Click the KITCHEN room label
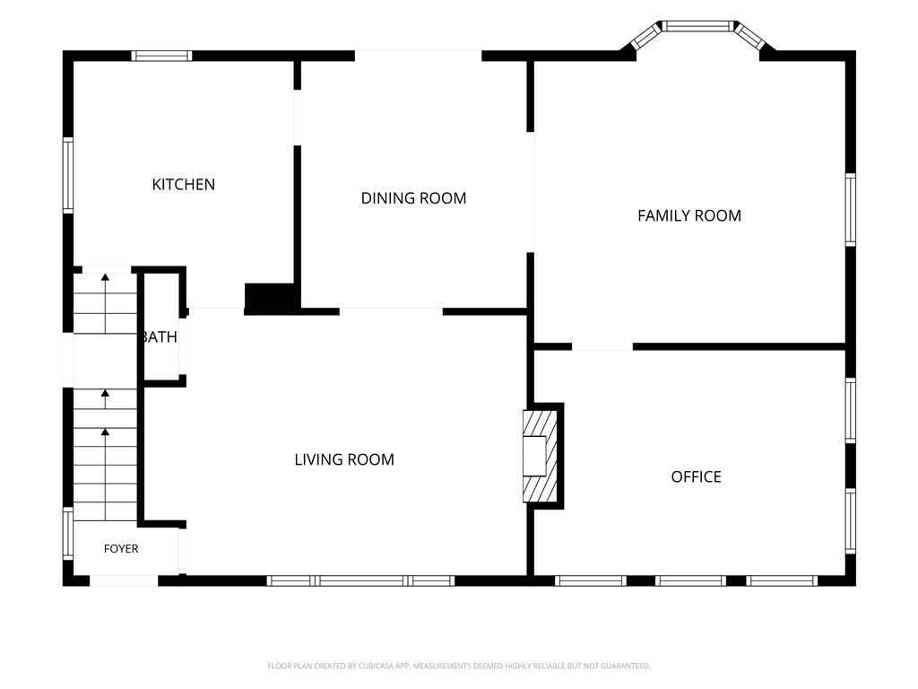click(183, 185)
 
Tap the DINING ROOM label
click(413, 198)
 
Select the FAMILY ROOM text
click(689, 215)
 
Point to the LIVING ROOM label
click(344, 459)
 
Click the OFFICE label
click(696, 477)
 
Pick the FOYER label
click(121, 549)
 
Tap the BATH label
click(160, 337)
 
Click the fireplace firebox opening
click(534, 456)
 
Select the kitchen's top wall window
click(161, 56)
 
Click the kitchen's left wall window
click(68, 175)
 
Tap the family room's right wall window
click(850, 209)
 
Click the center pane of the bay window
click(697, 26)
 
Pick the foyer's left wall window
click(68, 533)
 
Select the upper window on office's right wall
click(850, 410)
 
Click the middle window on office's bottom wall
click(690, 580)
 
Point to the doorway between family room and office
click(602, 347)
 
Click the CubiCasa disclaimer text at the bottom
click(459, 667)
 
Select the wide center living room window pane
click(360, 580)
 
